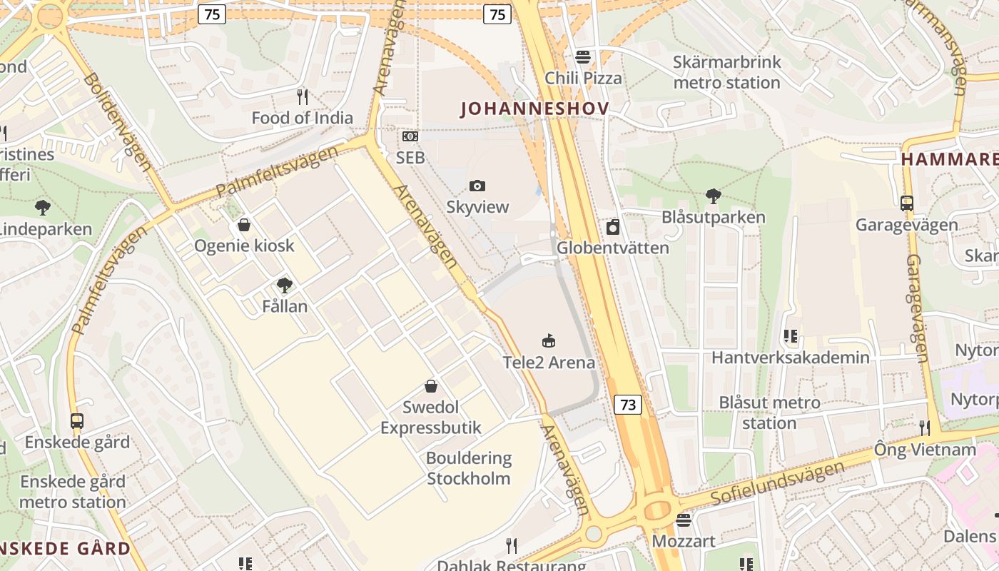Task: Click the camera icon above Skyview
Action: pyautogui.click(x=477, y=186)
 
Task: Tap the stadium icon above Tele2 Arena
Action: pyautogui.click(x=548, y=341)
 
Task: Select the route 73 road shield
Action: pyautogui.click(x=628, y=405)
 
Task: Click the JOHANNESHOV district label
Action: pyautogui.click(x=534, y=108)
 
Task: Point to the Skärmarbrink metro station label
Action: pyautogui.click(x=726, y=72)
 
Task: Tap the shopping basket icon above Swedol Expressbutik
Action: pyautogui.click(x=431, y=386)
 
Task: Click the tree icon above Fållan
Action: pyautogui.click(x=285, y=285)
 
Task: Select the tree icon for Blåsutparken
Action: pyautogui.click(x=713, y=196)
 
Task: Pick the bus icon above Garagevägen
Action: pyautogui.click(x=906, y=203)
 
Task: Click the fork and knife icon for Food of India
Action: pyautogui.click(x=303, y=96)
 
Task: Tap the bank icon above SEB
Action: pyautogui.click(x=410, y=136)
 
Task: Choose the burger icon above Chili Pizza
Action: pyautogui.click(x=583, y=56)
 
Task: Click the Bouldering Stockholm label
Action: pyautogui.click(x=469, y=468)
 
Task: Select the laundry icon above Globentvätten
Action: pyautogui.click(x=612, y=227)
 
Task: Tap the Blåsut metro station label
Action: pyautogui.click(x=769, y=413)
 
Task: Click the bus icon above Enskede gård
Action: pyautogui.click(x=77, y=421)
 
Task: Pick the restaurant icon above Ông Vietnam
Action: pyautogui.click(x=925, y=428)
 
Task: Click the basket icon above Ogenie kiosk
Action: pyautogui.click(x=244, y=225)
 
